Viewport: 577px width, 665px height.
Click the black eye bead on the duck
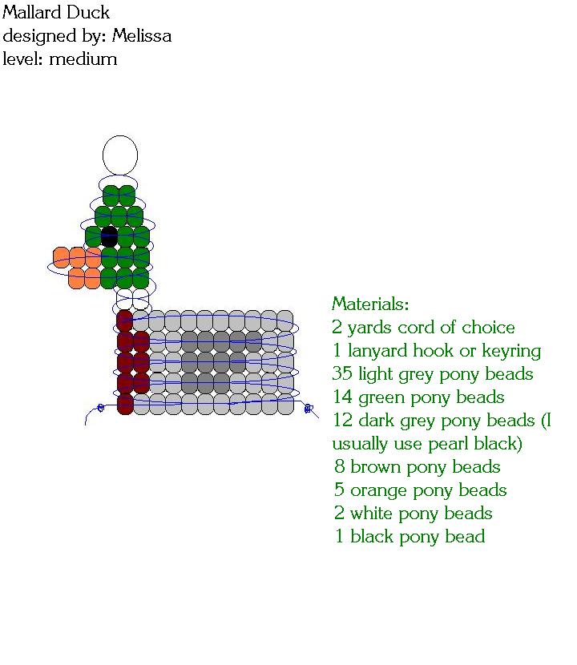pyautogui.click(x=110, y=237)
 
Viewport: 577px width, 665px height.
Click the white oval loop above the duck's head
pyautogui.click(x=120, y=155)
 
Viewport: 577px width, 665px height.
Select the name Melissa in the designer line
pyautogui.click(x=142, y=36)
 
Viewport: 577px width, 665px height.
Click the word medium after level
pyautogui.click(x=83, y=59)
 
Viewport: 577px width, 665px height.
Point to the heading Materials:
pyautogui.click(x=370, y=304)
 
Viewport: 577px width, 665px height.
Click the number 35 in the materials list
pyautogui.click(x=342, y=374)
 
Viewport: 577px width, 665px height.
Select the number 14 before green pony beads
pyautogui.click(x=341, y=397)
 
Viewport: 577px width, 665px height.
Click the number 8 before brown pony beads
pyautogui.click(x=340, y=467)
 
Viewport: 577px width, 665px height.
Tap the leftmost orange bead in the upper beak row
pyautogui.click(x=62, y=257)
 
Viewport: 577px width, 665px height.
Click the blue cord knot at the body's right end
pyautogui.click(x=308, y=409)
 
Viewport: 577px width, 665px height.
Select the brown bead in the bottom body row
pyautogui.click(x=125, y=404)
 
